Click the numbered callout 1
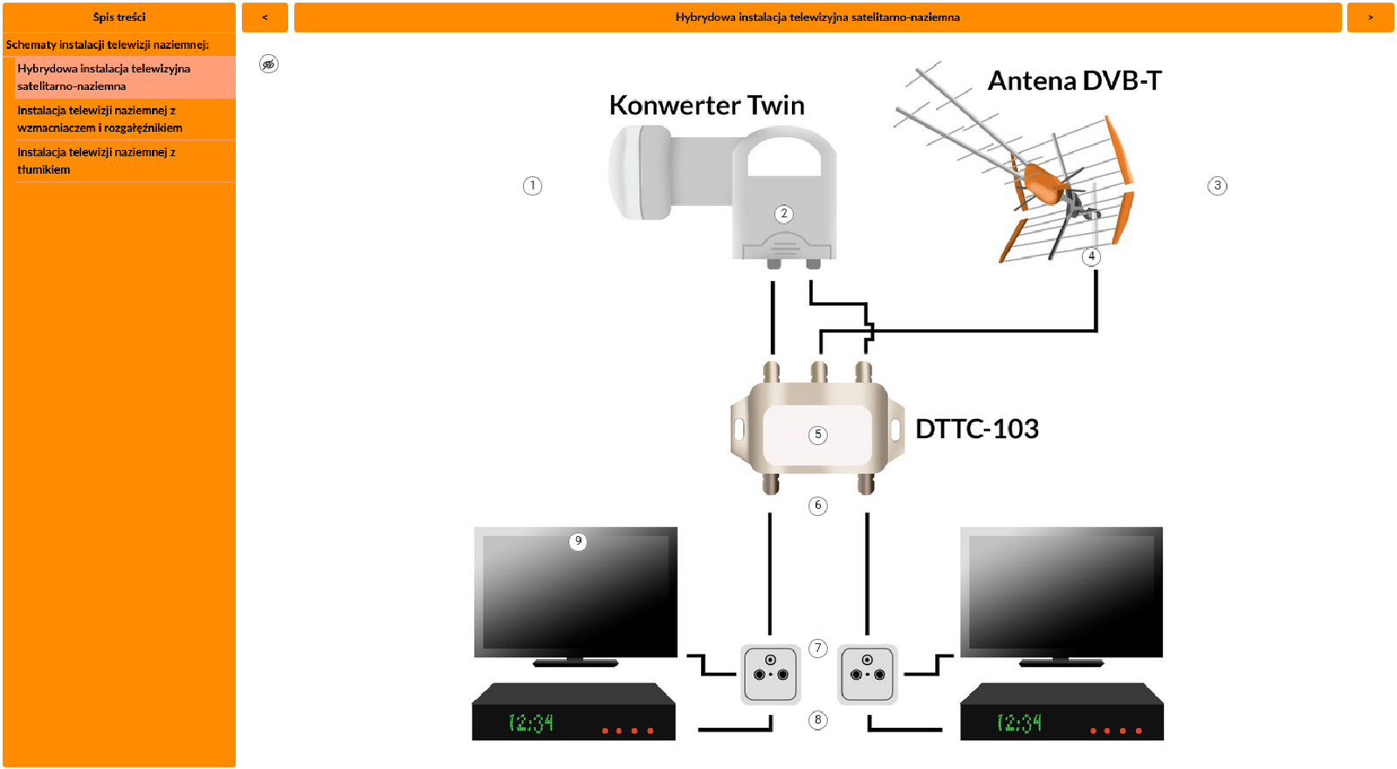coord(533,186)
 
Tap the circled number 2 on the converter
coord(784,214)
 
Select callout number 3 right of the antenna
coord(1217,186)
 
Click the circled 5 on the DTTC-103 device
coord(818,435)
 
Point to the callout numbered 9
coord(577,541)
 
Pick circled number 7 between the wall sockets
coord(818,649)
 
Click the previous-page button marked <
coord(265,17)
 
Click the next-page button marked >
coord(1370,17)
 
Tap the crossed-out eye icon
coord(269,64)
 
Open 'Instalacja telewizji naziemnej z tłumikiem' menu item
coord(96,161)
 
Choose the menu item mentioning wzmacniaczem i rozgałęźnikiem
coord(100,119)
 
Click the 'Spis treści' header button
coord(119,17)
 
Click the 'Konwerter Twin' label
coord(706,106)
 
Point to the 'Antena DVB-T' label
coord(1074,81)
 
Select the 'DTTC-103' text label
coord(976,429)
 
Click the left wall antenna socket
coord(770,674)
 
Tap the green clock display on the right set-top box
coord(1019,723)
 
